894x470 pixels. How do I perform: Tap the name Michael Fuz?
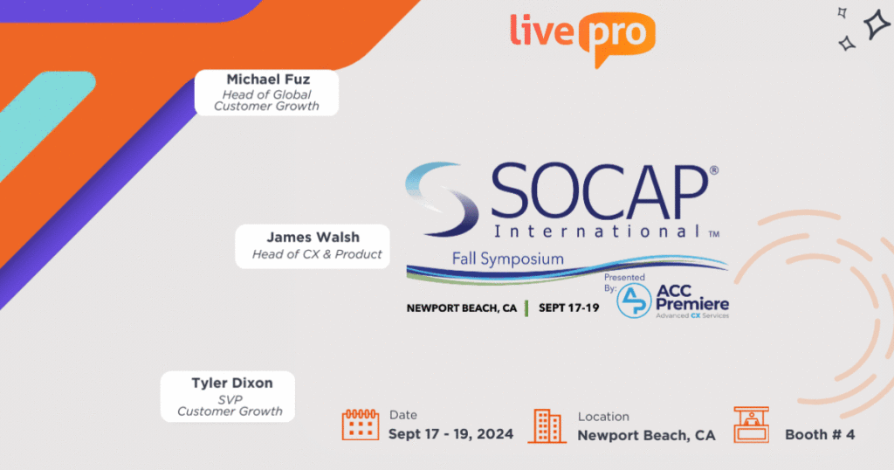tap(268, 79)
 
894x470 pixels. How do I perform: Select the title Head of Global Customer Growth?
tap(266, 100)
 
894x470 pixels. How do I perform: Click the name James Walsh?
tap(313, 237)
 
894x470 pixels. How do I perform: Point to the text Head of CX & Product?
tap(317, 254)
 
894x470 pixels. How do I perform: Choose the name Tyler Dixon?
tap(232, 383)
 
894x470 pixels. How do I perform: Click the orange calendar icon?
tap(361, 425)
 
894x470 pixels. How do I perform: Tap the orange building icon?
tap(547, 425)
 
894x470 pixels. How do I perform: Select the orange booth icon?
tap(751, 425)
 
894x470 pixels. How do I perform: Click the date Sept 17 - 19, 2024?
tap(450, 434)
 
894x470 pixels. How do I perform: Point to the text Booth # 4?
tap(820, 435)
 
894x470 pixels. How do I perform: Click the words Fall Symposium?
tap(508, 259)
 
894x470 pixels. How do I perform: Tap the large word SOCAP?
tap(599, 191)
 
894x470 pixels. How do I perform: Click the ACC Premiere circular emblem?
tap(634, 301)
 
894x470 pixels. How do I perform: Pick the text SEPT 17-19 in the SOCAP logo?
tap(569, 308)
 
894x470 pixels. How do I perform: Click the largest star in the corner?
tap(877, 24)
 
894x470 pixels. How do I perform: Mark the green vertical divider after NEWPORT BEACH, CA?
tap(526, 308)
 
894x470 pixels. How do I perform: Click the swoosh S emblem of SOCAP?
tap(443, 198)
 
